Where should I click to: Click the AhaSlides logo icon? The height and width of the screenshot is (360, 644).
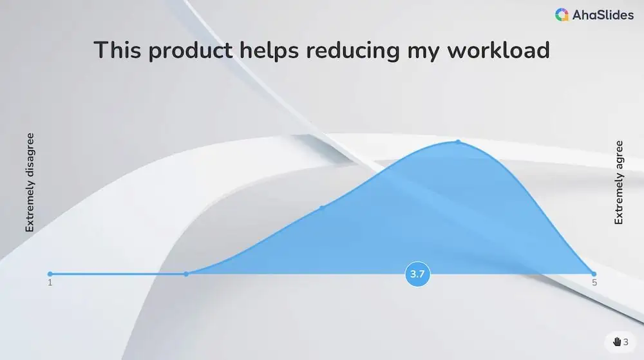562,15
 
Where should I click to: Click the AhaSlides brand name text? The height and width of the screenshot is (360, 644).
603,15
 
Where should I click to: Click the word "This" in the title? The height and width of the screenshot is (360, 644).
117,50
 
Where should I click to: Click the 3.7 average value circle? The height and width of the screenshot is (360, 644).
417,274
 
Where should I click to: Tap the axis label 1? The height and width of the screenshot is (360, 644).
50,283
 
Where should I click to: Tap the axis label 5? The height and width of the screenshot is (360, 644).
594,283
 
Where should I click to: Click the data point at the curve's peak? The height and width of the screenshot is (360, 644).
458,141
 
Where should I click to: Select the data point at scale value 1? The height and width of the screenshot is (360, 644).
50,274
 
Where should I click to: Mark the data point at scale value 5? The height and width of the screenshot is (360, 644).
594,274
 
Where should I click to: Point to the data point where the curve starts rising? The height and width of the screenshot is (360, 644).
186,274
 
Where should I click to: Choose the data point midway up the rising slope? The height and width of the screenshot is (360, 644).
322,207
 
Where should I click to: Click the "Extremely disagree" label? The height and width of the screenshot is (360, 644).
30,183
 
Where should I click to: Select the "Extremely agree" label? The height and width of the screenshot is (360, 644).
619,183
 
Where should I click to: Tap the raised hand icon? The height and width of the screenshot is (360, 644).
616,342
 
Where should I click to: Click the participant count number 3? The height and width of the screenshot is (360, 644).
625,342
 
